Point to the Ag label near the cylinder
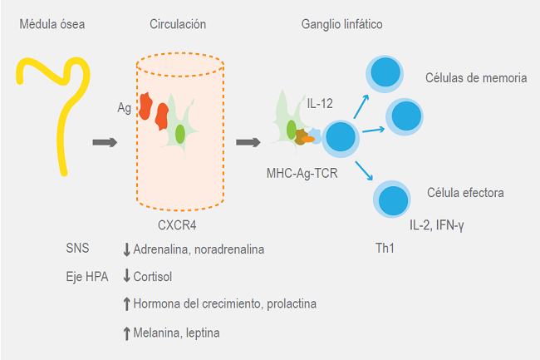point(125,108)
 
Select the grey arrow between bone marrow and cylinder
point(104,142)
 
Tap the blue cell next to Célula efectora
point(390,200)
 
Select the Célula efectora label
point(467,193)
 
